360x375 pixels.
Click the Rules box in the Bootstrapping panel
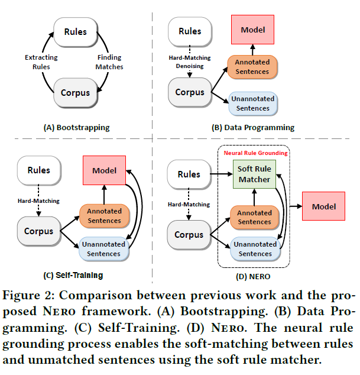[x=75, y=31]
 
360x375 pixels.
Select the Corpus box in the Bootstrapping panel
[x=75, y=93]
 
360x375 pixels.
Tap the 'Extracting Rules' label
[x=41, y=62]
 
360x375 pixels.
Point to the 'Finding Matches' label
[x=109, y=62]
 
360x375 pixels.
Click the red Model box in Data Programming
[x=252, y=30]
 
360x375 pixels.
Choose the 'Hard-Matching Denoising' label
[x=185, y=62]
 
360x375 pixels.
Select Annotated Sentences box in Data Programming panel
[x=252, y=67]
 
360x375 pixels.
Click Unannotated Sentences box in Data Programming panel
[x=252, y=104]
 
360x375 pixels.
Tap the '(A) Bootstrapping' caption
[x=76, y=127]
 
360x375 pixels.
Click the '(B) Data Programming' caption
[x=252, y=127]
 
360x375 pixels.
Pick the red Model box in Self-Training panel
[x=104, y=170]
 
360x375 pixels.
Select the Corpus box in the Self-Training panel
[x=39, y=231]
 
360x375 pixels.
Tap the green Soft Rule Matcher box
[x=254, y=174]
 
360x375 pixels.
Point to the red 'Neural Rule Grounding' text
[x=255, y=153]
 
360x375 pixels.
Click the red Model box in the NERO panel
[x=323, y=206]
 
